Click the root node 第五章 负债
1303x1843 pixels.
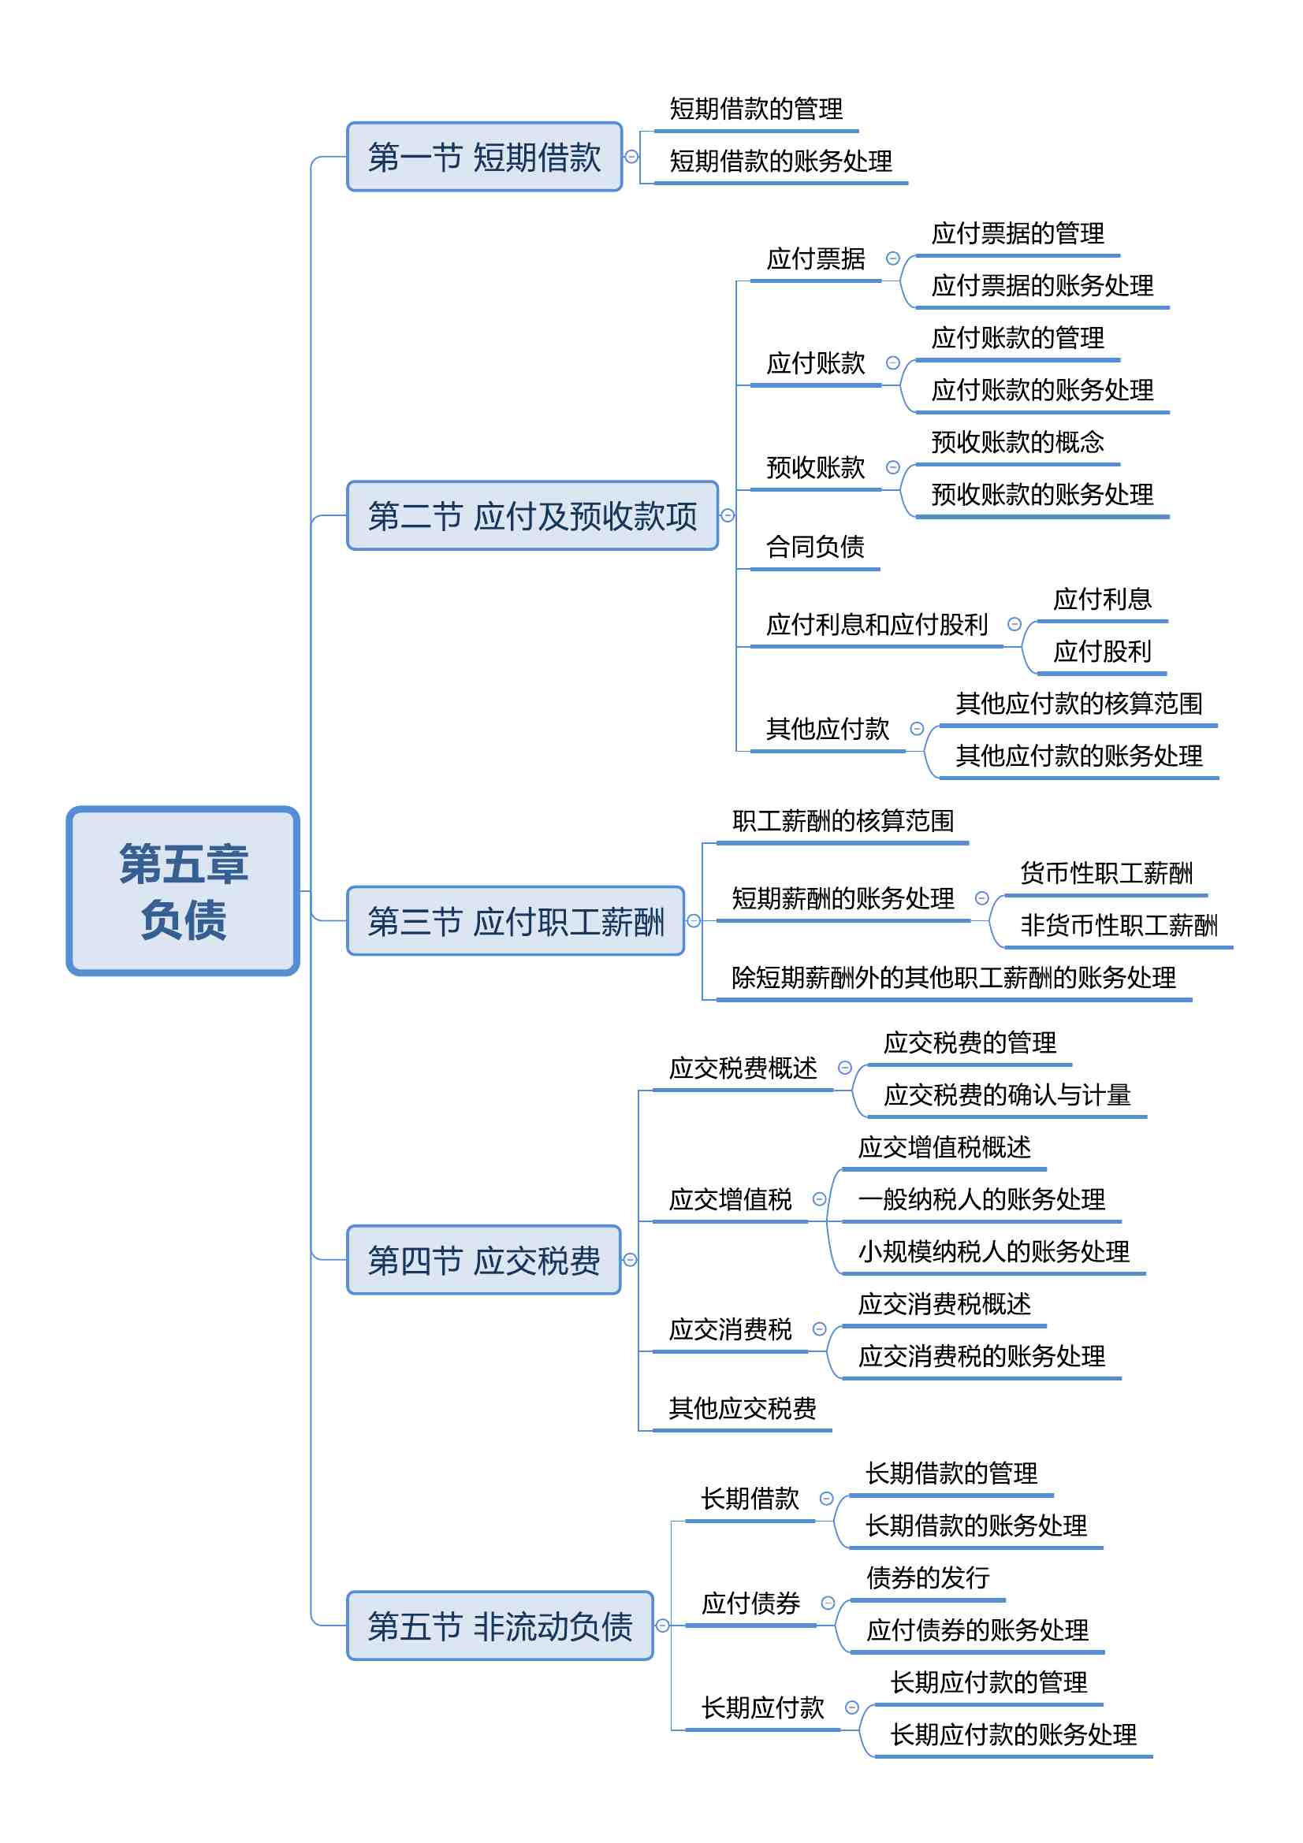(183, 890)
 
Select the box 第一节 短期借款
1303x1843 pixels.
(484, 157)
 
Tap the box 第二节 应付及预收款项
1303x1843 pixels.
(532, 515)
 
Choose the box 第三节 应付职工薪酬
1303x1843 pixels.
(516, 920)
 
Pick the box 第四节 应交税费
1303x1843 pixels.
(483, 1259)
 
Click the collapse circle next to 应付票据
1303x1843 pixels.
(893, 258)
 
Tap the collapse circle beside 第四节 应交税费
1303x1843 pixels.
(631, 1259)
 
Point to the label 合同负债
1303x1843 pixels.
(815, 548)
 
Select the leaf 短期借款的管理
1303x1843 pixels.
(756, 110)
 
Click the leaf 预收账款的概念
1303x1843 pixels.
(1017, 442)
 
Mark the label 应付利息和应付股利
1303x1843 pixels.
(877, 625)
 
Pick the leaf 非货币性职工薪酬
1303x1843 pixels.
(1119, 926)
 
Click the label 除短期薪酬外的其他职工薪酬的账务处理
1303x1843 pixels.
(954, 978)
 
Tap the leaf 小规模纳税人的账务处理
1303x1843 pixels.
(994, 1251)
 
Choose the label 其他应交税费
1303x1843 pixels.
(743, 1408)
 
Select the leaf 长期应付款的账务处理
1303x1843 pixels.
(1013, 1734)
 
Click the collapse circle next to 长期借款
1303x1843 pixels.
(826, 1499)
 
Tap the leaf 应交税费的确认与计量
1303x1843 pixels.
(1007, 1095)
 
